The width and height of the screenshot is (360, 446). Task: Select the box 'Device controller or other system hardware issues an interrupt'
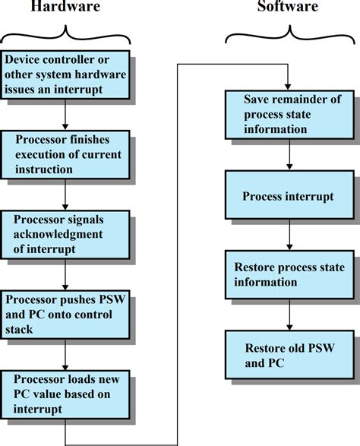coord(66,74)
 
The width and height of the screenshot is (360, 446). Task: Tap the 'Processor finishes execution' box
coord(66,154)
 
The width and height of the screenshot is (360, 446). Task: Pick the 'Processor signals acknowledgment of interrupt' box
coord(66,234)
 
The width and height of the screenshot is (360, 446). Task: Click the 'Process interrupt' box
coord(288,197)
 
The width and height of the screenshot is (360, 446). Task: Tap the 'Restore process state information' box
coord(288,275)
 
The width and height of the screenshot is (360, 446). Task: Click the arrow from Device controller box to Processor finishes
coord(66,113)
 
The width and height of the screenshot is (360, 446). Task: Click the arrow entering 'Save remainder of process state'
coord(288,79)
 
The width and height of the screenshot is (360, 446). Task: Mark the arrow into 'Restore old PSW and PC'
coord(288,315)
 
